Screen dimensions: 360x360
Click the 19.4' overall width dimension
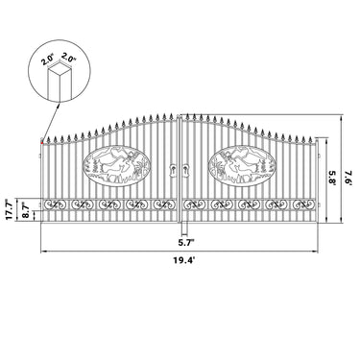181,260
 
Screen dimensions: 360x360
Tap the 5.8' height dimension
331,178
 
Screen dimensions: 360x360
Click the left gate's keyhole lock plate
174,170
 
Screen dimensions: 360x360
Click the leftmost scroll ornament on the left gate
57,205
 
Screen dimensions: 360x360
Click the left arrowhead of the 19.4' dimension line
42,252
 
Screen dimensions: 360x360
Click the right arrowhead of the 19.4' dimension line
321,252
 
